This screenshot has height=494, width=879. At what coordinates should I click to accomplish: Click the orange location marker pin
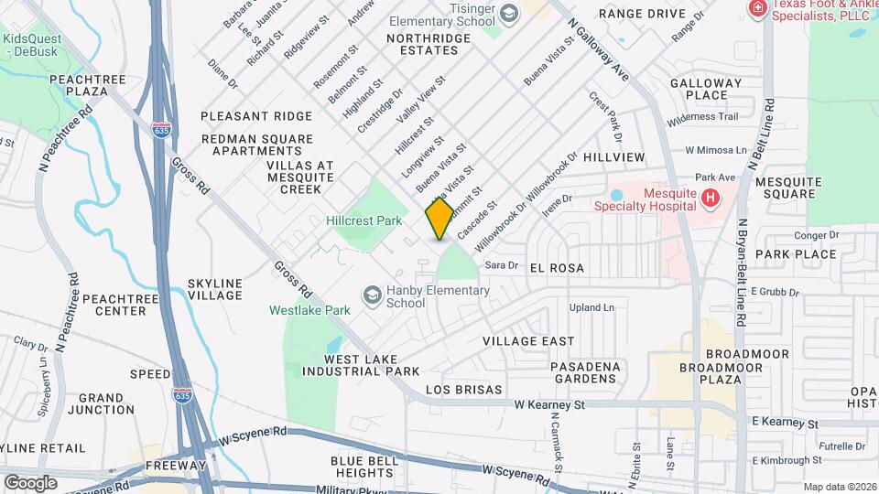coord(439,218)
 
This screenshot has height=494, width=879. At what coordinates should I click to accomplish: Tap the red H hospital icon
coord(710,198)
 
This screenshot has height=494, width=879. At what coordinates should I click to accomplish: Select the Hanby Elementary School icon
coord(373,295)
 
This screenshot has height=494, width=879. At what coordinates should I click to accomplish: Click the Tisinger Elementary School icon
coord(509,11)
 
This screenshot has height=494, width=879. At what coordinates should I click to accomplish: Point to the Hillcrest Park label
coord(364,221)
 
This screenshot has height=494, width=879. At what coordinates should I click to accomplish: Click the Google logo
coord(30,482)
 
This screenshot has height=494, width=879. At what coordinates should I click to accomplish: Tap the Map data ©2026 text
coord(838,487)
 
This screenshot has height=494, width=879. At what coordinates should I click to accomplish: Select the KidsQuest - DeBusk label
coord(34,46)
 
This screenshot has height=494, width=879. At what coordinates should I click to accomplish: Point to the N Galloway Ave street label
coord(600,51)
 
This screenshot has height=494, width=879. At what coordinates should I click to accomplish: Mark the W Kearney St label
coord(548,403)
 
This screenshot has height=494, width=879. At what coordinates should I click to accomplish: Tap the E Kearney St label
coord(784,424)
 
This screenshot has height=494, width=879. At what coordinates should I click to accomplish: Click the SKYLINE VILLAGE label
coord(214,289)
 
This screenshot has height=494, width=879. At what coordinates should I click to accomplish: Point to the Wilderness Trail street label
coord(702,117)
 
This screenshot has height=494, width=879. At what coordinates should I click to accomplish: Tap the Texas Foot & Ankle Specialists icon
coord(756,9)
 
